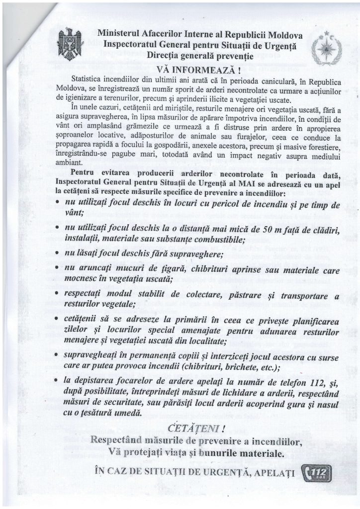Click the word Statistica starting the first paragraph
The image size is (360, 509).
click(90, 79)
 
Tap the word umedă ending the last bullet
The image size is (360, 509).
click(127, 413)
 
